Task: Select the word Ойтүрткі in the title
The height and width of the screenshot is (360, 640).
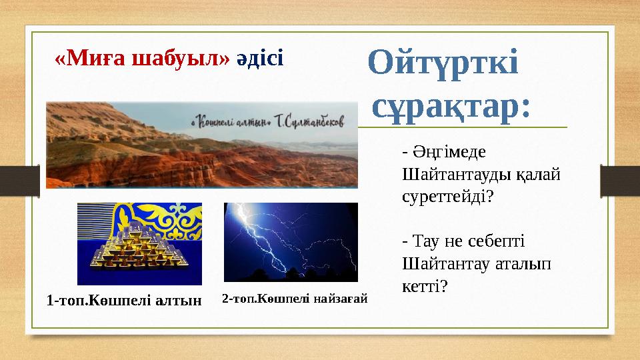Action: click(x=443, y=63)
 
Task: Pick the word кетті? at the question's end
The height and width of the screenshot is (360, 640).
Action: click(x=425, y=285)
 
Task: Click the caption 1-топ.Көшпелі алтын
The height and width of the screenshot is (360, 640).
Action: click(x=124, y=301)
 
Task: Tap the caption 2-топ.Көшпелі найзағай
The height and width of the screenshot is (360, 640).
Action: click(x=295, y=299)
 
